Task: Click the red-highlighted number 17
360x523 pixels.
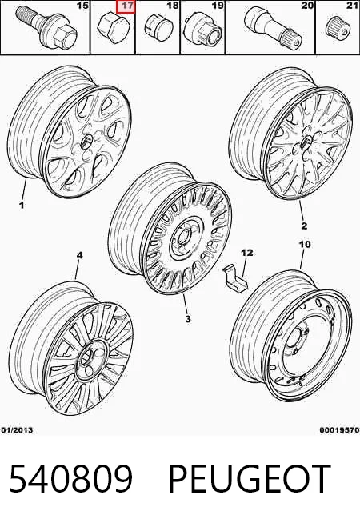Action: click(x=126, y=6)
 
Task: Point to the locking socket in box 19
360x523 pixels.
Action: click(x=202, y=29)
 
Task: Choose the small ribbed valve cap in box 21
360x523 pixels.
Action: click(x=338, y=29)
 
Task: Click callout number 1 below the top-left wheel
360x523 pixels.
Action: click(x=22, y=204)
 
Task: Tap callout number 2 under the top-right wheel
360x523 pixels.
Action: click(x=304, y=226)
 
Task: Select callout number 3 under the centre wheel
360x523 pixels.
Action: click(x=188, y=318)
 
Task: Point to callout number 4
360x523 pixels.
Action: click(x=79, y=255)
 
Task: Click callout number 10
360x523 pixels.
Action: click(x=305, y=244)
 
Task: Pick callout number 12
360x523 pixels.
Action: click(x=247, y=253)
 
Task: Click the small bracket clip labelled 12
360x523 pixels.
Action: click(x=234, y=277)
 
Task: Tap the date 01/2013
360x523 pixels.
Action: click(x=17, y=430)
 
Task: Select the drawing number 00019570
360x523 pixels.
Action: click(x=339, y=430)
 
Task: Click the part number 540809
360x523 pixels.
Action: click(x=71, y=479)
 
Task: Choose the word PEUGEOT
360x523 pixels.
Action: click(x=250, y=479)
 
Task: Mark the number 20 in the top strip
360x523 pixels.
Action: click(x=307, y=6)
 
